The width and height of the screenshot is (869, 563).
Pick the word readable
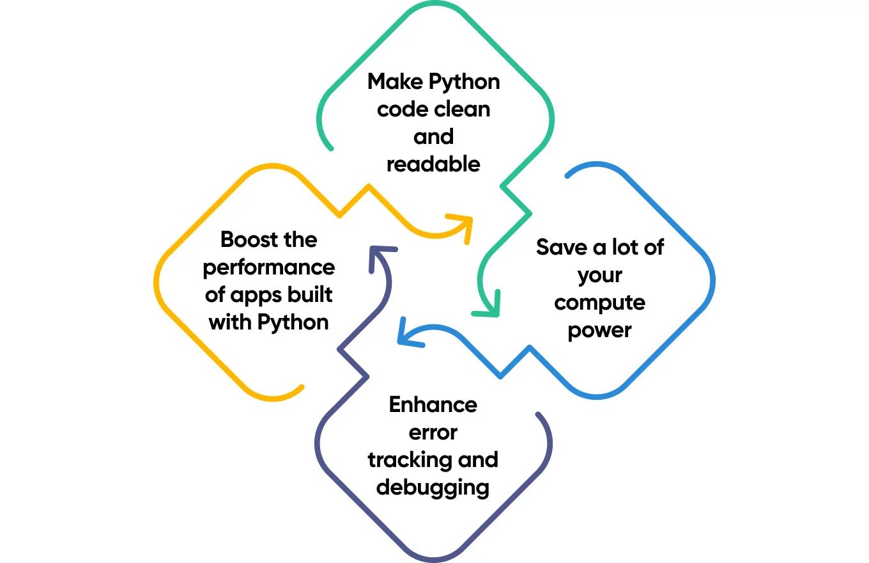pos(433,164)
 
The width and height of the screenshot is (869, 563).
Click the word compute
pos(599,303)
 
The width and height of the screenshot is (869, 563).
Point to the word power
pos(599,330)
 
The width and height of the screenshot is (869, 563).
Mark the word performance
pos(268,267)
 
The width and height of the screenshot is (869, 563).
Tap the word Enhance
pos(433,405)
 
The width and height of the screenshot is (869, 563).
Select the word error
pos(433,432)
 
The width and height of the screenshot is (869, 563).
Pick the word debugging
pos(433,488)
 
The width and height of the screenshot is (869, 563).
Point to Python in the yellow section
pos(293,322)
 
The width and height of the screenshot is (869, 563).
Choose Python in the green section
pos(464,82)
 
